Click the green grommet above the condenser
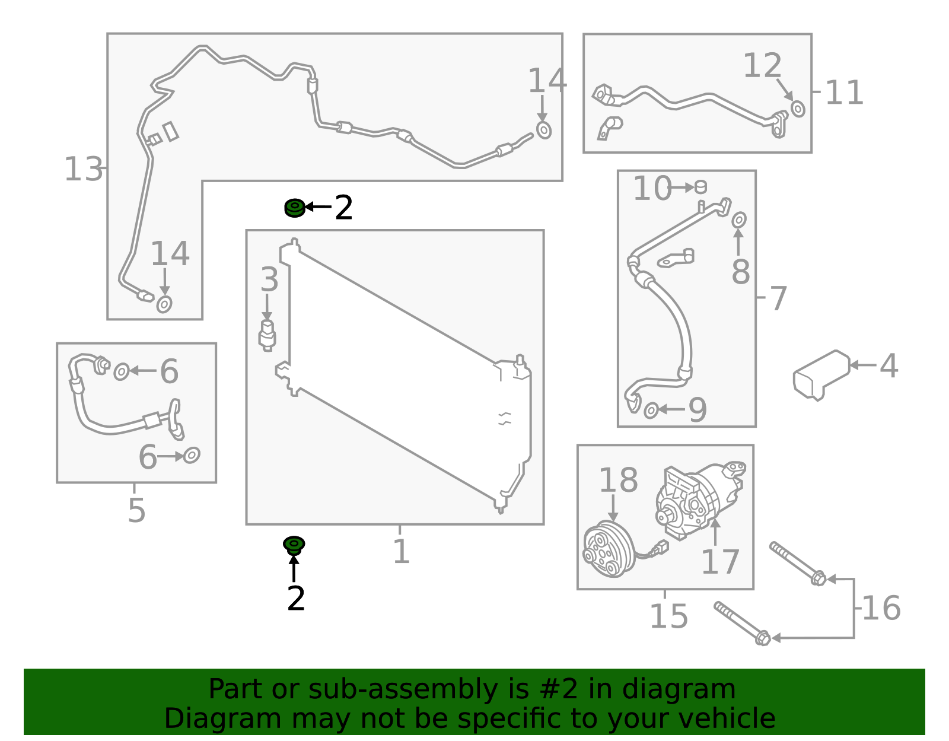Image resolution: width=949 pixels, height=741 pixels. point(295,208)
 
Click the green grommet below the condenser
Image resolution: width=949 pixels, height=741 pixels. point(294,546)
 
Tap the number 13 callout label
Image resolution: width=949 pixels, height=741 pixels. point(83,170)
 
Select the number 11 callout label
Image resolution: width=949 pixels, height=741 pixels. point(844,93)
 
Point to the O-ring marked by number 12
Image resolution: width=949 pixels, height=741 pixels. point(798,109)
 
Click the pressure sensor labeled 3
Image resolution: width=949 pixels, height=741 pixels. point(267,335)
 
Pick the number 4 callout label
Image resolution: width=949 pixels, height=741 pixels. point(889,366)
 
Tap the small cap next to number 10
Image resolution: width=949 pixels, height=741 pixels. point(700,187)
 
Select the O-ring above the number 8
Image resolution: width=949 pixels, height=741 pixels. point(739,220)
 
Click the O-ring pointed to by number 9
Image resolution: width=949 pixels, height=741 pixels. point(651,411)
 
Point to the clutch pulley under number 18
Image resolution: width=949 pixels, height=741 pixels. point(609,549)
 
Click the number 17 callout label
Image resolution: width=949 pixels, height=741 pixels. point(720,562)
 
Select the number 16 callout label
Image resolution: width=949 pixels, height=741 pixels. point(881,608)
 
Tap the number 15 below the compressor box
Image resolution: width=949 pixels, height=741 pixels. point(668,616)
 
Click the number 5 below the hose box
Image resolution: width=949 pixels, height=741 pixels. point(136,510)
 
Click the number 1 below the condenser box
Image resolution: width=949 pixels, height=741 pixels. point(402,551)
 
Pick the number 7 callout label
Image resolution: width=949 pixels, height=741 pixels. point(778,298)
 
